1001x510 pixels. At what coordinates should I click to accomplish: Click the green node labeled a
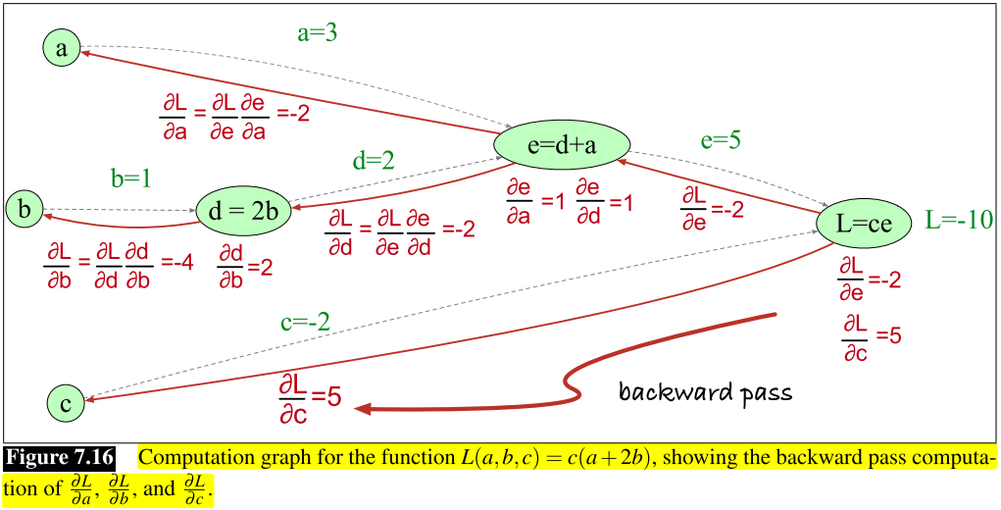pyautogui.click(x=62, y=49)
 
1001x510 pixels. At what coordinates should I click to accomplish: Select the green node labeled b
pyautogui.click(x=25, y=209)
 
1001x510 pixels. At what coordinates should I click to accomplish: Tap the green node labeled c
pyautogui.click(x=65, y=401)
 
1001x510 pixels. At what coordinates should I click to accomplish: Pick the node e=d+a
pyautogui.click(x=561, y=145)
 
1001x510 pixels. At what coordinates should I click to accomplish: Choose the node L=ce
pyautogui.click(x=864, y=223)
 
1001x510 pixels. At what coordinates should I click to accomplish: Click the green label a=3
pyautogui.click(x=317, y=32)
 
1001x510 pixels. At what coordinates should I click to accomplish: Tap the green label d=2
pyautogui.click(x=374, y=160)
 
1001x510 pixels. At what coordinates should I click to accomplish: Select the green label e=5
pyautogui.click(x=720, y=139)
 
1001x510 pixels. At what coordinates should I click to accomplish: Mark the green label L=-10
pyautogui.click(x=959, y=221)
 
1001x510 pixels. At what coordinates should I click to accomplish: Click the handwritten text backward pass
pyautogui.click(x=705, y=393)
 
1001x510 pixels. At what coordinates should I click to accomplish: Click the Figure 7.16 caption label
pyautogui.click(x=60, y=458)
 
